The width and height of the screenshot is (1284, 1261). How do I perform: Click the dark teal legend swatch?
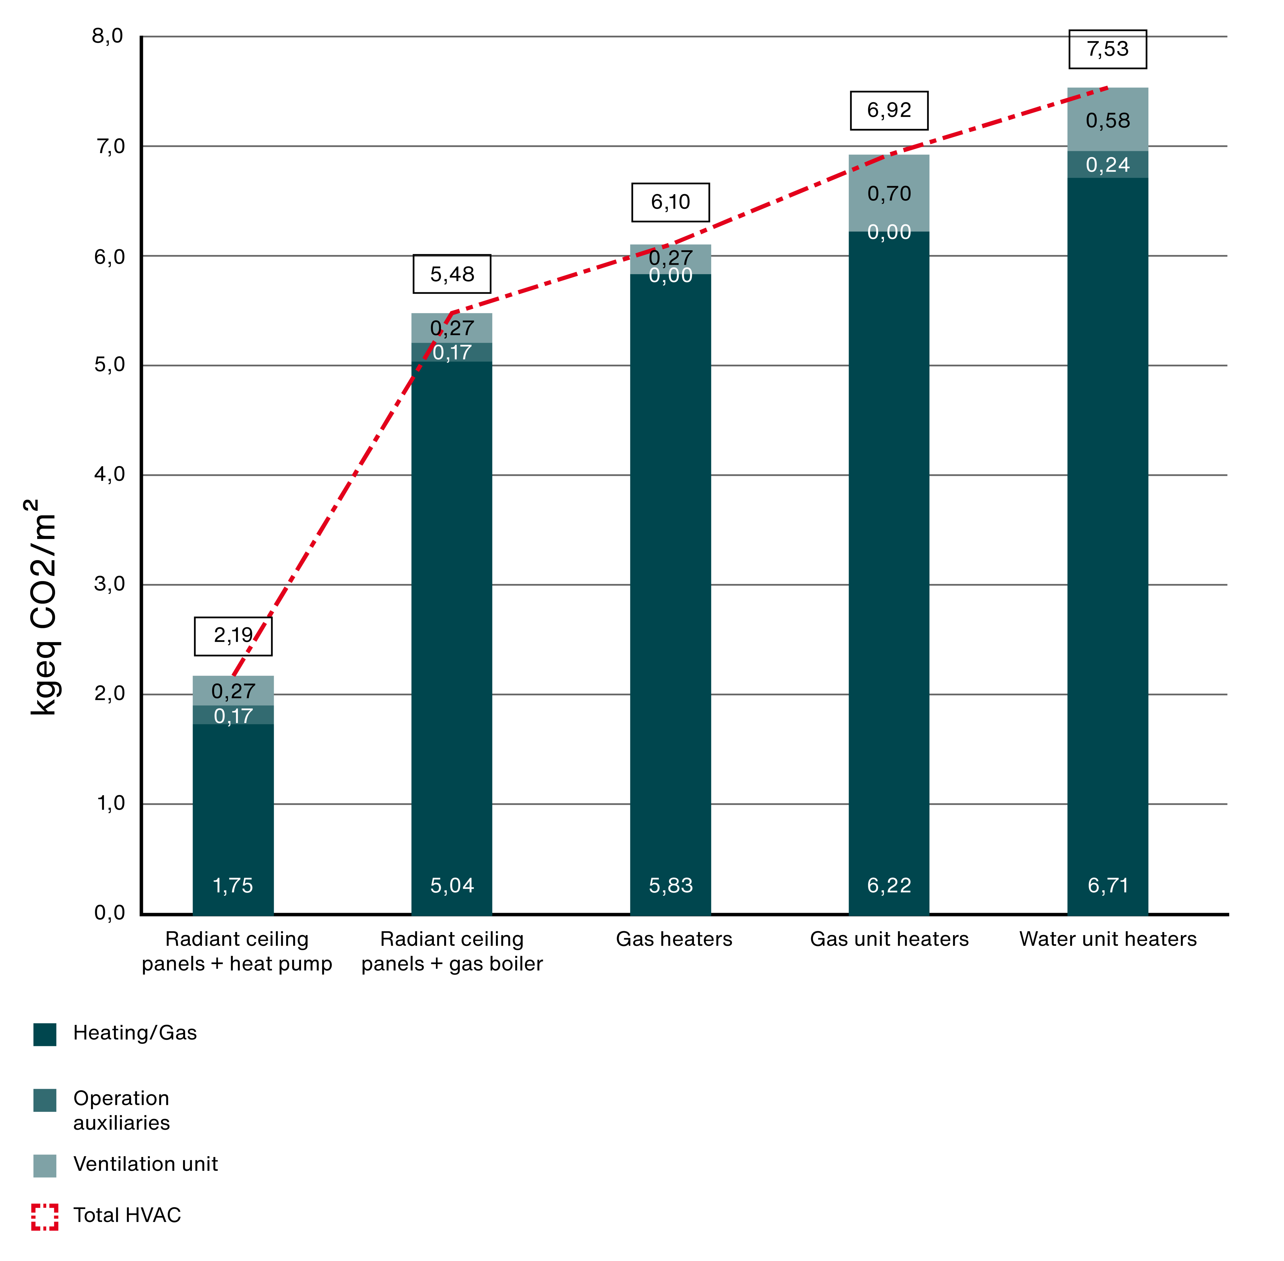[45, 1035]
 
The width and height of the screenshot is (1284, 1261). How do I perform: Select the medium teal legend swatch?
[45, 1100]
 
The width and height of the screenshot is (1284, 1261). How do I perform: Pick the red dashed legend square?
[45, 1217]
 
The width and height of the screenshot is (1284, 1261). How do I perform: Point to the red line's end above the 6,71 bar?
[1107, 87]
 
